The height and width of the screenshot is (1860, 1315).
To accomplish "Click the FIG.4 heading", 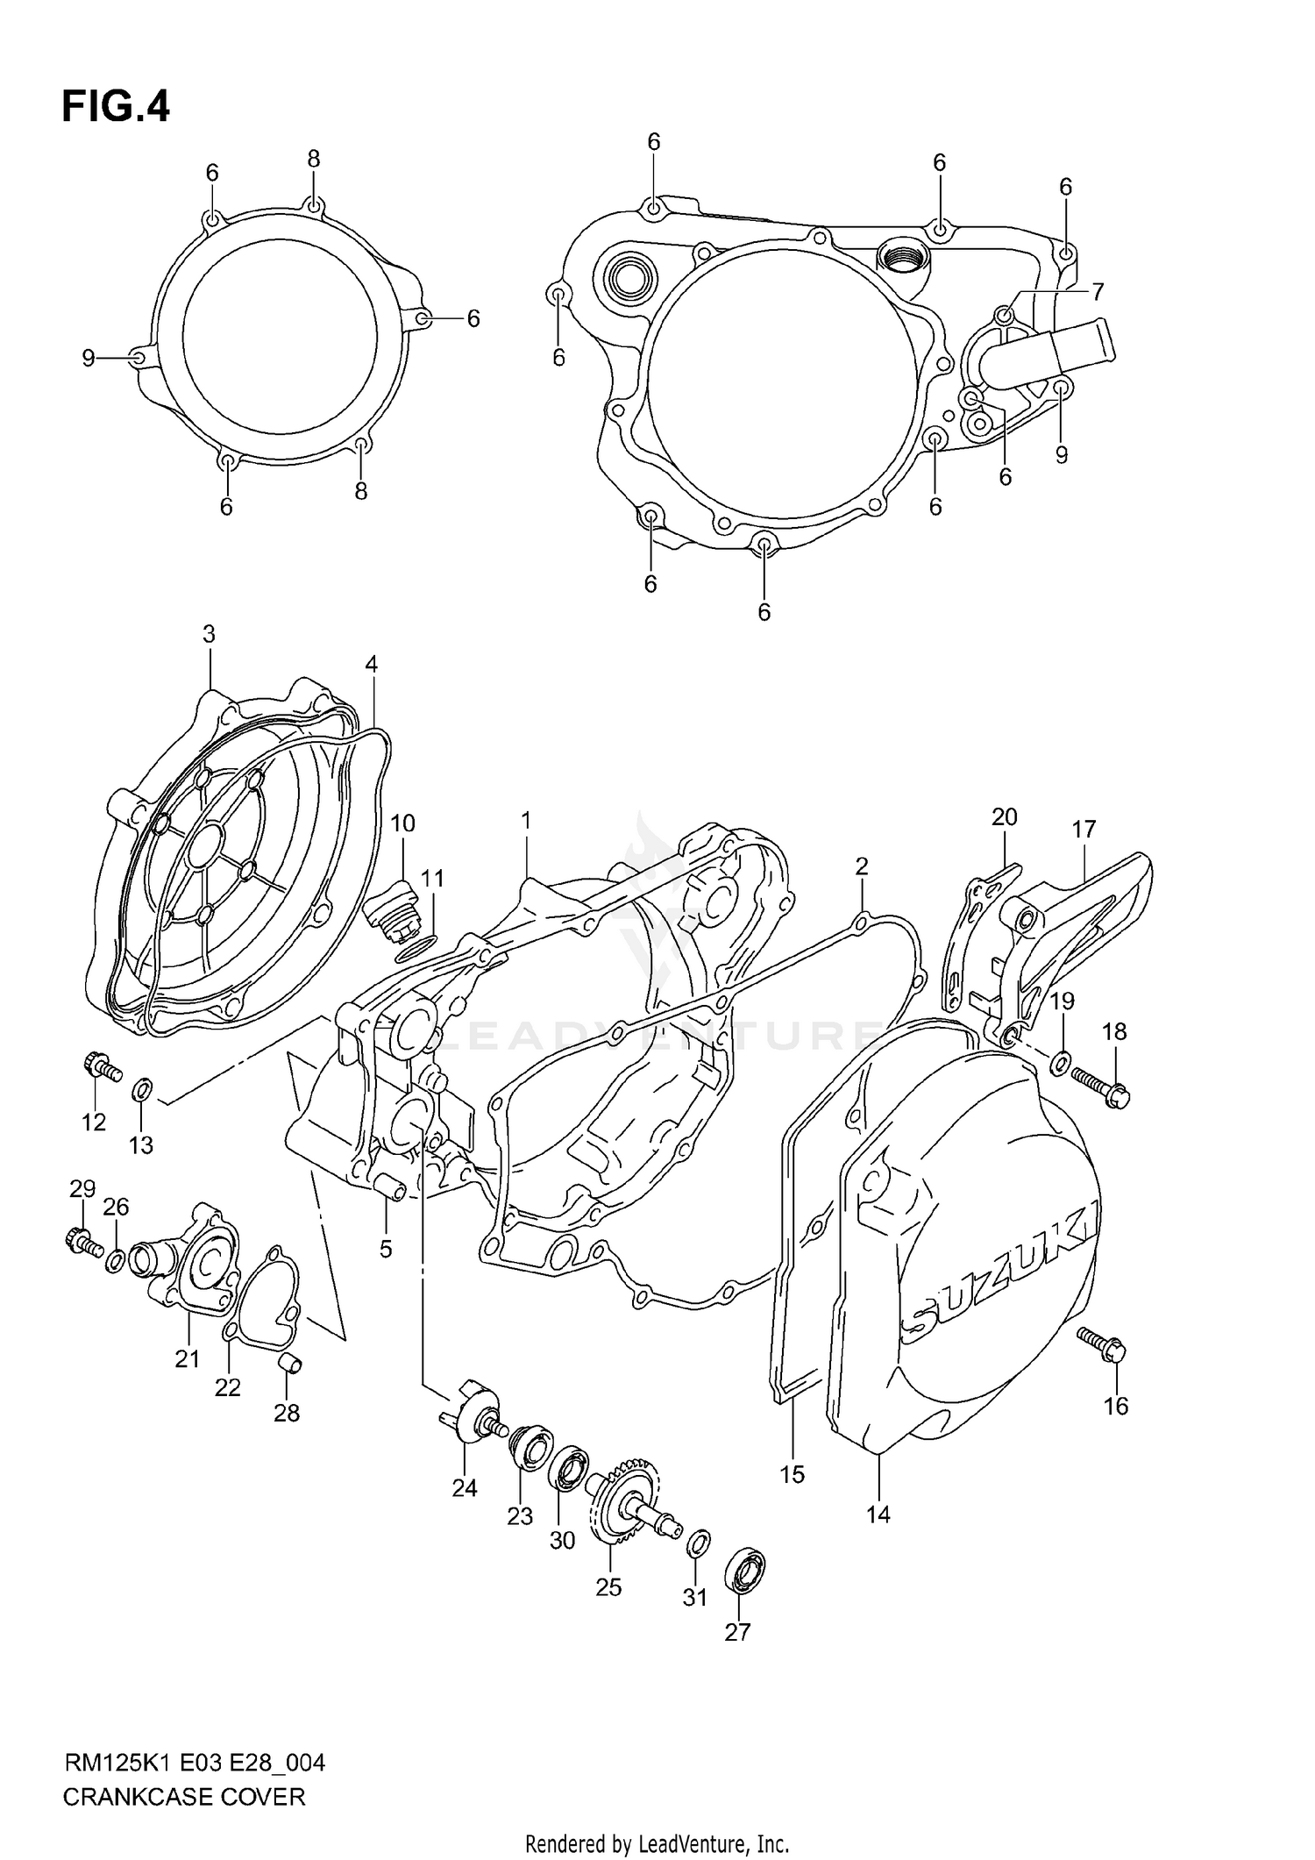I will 115,107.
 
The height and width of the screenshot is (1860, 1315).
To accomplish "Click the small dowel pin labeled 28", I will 290,1364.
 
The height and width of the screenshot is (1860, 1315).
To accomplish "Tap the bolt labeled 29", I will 82,1241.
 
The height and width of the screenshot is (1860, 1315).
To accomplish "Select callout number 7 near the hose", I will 1097,291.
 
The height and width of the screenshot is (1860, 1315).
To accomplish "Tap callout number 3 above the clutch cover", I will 209,634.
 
